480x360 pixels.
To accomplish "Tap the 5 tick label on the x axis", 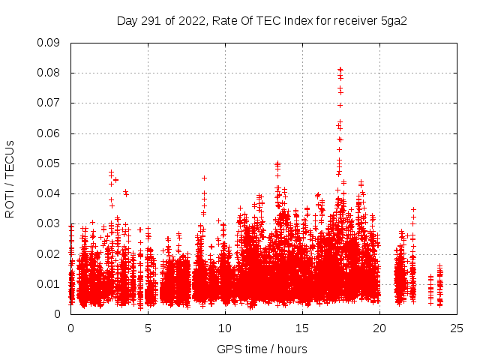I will point(148,328).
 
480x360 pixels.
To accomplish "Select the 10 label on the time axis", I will point(225,328).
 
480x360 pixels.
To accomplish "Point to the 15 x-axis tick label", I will point(302,328).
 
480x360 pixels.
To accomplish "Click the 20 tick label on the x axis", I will point(379,328).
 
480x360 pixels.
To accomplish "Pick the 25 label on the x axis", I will point(457,328).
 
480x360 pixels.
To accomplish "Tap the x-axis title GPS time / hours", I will point(262,349).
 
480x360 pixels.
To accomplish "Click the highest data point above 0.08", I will point(340,70).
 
